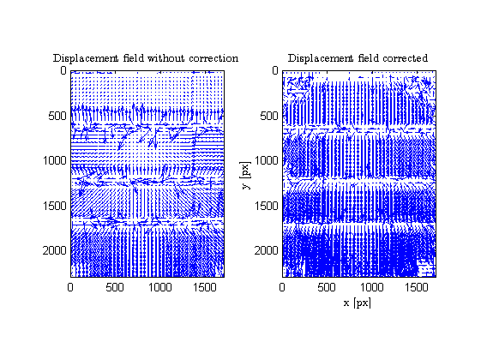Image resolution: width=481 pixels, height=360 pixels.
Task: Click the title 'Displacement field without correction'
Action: pos(146,58)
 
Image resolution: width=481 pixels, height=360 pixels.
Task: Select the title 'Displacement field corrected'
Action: pos(358,58)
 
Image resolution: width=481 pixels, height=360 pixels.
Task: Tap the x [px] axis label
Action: pos(358,303)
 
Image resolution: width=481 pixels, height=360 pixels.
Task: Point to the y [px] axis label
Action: pos(246,176)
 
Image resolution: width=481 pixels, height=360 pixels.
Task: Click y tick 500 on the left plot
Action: pos(57,116)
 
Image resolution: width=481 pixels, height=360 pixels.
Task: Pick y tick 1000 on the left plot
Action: pos(55,160)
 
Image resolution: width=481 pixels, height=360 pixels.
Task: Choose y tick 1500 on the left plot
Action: pos(55,206)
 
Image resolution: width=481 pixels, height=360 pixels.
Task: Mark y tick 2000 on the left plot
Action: pos(55,250)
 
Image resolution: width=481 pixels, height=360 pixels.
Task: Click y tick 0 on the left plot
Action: pos(63,71)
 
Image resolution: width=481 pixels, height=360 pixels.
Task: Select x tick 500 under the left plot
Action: pos(115,287)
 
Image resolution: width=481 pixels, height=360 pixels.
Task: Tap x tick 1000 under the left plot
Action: pos(159,287)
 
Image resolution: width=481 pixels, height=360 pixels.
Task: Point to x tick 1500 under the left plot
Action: pos(205,287)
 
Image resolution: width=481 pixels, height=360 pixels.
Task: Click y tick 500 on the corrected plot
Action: pos(269,116)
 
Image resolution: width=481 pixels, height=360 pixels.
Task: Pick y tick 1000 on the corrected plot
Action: pos(267,160)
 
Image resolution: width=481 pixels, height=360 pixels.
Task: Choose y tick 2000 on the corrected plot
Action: pos(267,250)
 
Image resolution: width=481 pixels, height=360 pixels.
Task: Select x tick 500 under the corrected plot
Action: pos(327,287)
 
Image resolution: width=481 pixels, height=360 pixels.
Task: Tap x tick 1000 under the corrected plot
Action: pos(371,287)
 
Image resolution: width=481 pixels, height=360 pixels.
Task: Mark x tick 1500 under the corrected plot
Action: pos(417,287)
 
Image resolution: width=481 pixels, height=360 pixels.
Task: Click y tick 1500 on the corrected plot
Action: pos(267,206)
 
